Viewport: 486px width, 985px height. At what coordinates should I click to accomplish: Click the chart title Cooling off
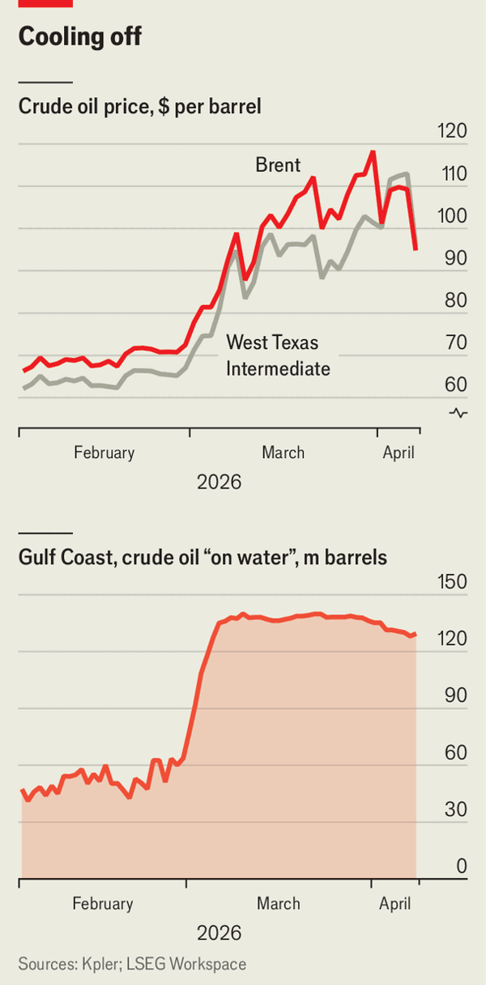pos(79,37)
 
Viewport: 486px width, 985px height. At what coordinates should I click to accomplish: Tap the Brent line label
pos(278,166)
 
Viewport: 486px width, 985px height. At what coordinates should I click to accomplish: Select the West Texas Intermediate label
pos(278,355)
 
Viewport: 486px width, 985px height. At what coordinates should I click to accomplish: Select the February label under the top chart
pos(104,452)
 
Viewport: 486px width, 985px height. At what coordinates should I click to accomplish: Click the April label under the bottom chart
pos(396,903)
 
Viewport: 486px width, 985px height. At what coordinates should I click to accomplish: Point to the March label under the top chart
pos(283,452)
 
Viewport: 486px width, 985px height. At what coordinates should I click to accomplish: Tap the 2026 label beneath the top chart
pos(219,482)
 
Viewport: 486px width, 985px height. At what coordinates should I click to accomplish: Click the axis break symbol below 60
pos(458,414)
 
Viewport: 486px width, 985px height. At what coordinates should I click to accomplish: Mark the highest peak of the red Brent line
pos(373,151)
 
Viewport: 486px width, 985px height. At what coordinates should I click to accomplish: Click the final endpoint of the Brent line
pos(416,249)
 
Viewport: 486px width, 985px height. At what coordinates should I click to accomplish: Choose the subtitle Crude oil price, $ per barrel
pos(139,107)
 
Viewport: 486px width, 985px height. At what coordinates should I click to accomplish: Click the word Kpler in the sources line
pos(100,964)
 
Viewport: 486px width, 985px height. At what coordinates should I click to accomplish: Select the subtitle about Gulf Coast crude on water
pos(202,558)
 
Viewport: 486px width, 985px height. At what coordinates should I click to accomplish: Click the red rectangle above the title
pos(45,3)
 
